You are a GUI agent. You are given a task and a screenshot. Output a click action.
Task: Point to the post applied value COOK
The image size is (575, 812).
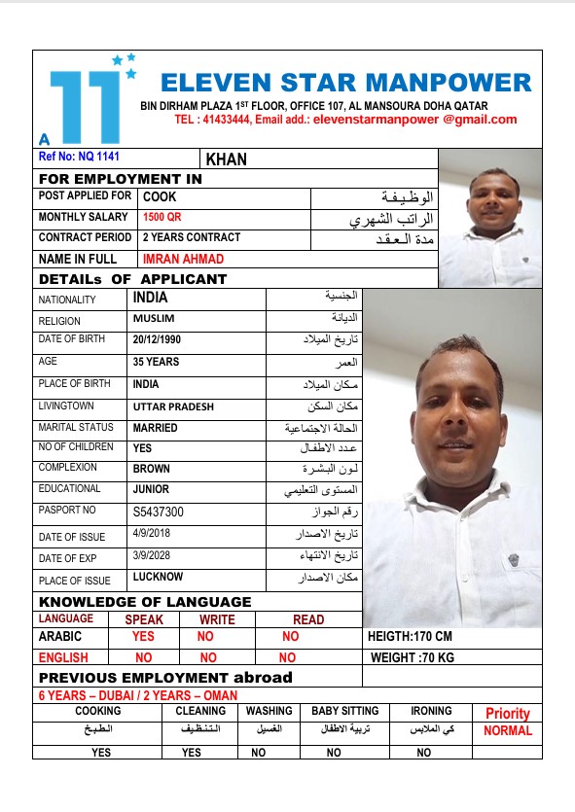pos(160,196)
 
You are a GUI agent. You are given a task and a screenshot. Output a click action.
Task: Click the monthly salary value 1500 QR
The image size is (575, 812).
pos(162,217)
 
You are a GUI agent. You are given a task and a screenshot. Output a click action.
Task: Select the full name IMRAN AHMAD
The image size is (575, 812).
pos(183,259)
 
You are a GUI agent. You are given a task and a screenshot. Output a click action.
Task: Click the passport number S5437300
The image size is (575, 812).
pos(159,512)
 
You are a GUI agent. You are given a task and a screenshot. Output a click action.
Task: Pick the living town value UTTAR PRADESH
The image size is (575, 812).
pos(173,406)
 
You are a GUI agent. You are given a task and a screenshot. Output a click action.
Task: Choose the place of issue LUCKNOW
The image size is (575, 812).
pos(158,578)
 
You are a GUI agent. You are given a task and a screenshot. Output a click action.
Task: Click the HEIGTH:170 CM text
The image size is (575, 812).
pos(411,637)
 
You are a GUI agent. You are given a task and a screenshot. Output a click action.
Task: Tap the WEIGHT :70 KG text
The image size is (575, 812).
pos(413,657)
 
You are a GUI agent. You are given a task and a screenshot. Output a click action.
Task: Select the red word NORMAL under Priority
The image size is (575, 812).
pos(508,731)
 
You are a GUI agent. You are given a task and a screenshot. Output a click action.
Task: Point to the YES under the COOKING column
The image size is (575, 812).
pos(101,753)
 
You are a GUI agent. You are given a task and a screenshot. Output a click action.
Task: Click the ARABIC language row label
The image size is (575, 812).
pos(60,637)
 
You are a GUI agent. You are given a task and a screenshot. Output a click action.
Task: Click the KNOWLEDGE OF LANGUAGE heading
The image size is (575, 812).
pos(145,602)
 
